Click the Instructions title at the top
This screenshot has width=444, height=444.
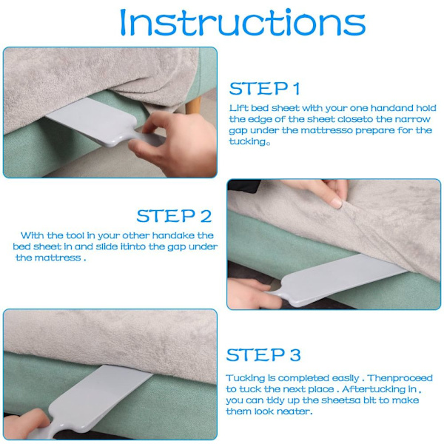coord(243,22)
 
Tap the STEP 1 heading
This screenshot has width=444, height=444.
coord(264,88)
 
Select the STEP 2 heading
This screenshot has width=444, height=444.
coord(174,216)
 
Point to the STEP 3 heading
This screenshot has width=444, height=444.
coord(263,354)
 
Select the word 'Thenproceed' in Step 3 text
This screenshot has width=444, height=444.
coord(400,378)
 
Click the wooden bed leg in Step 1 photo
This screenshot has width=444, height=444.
coord(193,105)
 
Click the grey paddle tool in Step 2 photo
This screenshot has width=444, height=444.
coord(335,279)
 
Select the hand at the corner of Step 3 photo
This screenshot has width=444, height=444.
coord(26,424)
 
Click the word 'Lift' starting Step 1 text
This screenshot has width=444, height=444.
coord(238,108)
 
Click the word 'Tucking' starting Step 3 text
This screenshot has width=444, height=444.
coord(245,379)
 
